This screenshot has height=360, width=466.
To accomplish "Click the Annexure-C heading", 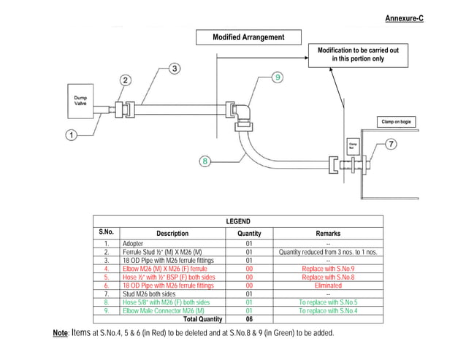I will coord(404,18).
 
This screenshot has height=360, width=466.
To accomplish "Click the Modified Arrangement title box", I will coord(248,37).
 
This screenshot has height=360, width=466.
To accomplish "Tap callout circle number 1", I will coord(72,135).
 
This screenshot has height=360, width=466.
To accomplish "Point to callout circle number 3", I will coord(175,69).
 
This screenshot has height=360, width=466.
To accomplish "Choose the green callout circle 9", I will coord(277,77).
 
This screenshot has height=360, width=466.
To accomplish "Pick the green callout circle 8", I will coord(207,161).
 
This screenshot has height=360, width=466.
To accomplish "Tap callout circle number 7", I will coord(391,144).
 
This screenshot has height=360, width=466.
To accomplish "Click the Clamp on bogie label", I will coord(397,121).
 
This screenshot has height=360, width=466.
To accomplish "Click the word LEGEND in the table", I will coord(238,221).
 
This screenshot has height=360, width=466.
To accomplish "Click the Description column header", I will coord(172,234).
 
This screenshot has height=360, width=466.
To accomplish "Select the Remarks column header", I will coord(328,234).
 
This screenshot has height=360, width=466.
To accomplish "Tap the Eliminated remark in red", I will coord(328,286).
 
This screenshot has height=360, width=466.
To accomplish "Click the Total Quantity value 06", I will coord(249,319).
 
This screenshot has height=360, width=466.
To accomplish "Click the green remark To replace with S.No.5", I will coord(328,302).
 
